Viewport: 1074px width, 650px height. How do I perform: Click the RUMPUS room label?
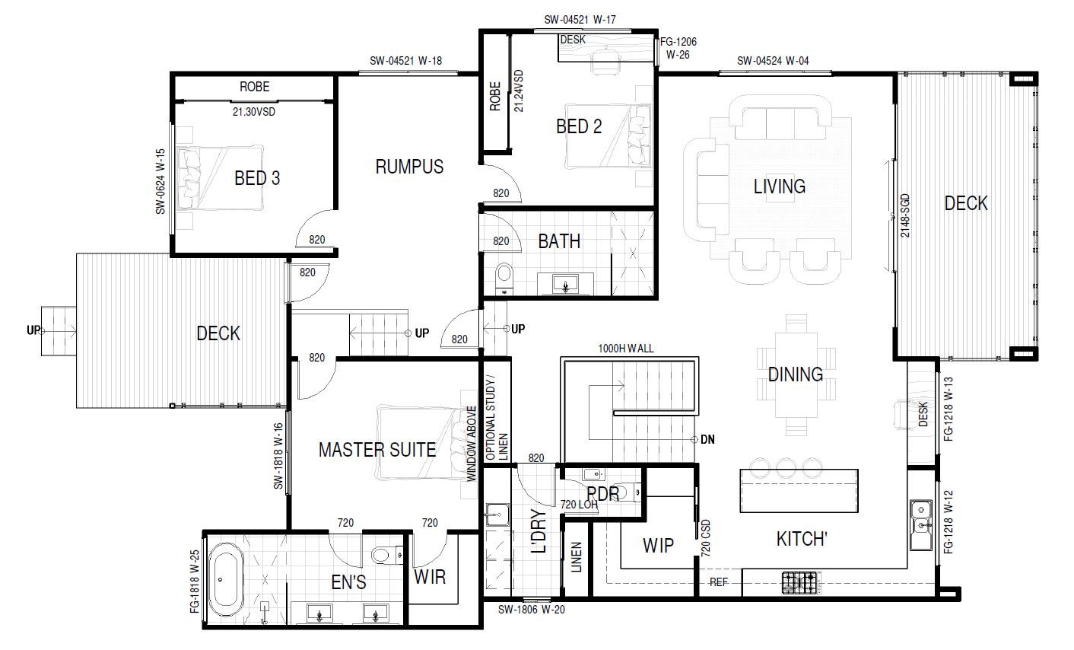click(x=409, y=167)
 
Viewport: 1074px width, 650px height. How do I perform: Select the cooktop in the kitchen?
click(x=799, y=583)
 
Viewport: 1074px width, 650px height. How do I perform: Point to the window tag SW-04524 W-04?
click(x=773, y=61)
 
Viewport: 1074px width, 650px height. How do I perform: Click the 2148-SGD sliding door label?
click(x=904, y=215)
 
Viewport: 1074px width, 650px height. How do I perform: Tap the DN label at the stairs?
click(x=707, y=439)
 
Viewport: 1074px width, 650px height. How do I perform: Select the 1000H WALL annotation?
click(x=626, y=349)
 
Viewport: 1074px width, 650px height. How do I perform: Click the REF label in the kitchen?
click(x=719, y=582)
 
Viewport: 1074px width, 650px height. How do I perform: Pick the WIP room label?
click(x=658, y=546)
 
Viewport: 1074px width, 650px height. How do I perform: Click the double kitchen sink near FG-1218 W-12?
click(x=921, y=525)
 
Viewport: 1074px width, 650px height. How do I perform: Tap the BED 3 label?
click(x=257, y=178)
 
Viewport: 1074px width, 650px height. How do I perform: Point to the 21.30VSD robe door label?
click(x=254, y=112)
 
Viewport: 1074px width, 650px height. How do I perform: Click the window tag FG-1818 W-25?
click(x=194, y=581)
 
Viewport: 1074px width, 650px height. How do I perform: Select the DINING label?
click(x=796, y=374)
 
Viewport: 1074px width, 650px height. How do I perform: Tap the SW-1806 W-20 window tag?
click(x=531, y=610)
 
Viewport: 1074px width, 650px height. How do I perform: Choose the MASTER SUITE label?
click(x=377, y=450)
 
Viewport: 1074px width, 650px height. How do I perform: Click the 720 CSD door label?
click(x=705, y=538)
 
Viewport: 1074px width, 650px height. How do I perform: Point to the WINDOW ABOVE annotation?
click(x=472, y=444)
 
